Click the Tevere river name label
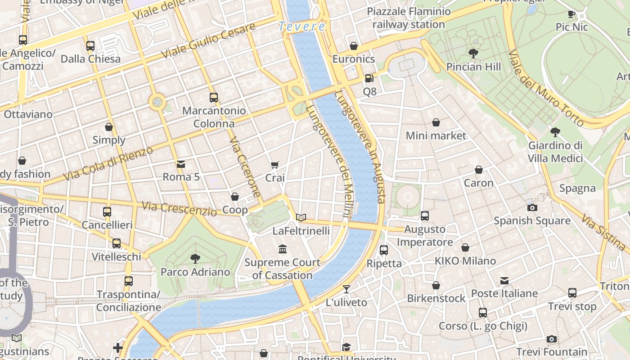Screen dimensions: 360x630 [302, 27]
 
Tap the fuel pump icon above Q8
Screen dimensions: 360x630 [369, 78]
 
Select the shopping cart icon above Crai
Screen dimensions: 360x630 [274, 165]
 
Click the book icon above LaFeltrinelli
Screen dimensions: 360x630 [301, 218]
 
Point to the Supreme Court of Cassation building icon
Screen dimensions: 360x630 [283, 249]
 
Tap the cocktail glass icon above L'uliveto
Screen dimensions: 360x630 [346, 289]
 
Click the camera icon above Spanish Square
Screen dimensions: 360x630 [532, 207]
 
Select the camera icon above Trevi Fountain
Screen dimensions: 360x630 [551, 339]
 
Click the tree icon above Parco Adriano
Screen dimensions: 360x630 [195, 258]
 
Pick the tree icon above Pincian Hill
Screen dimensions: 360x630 [473, 54]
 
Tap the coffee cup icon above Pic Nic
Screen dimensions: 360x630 [571, 14]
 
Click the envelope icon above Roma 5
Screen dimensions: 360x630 [180, 164]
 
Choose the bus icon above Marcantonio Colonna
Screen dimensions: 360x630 [214, 97]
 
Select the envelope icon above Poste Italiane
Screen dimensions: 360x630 [504, 281]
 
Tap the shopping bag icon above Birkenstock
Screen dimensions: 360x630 [436, 285]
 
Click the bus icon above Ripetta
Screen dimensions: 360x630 [383, 250]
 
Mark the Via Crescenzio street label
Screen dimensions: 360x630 [179, 209]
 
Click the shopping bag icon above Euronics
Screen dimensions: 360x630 [354, 46]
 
